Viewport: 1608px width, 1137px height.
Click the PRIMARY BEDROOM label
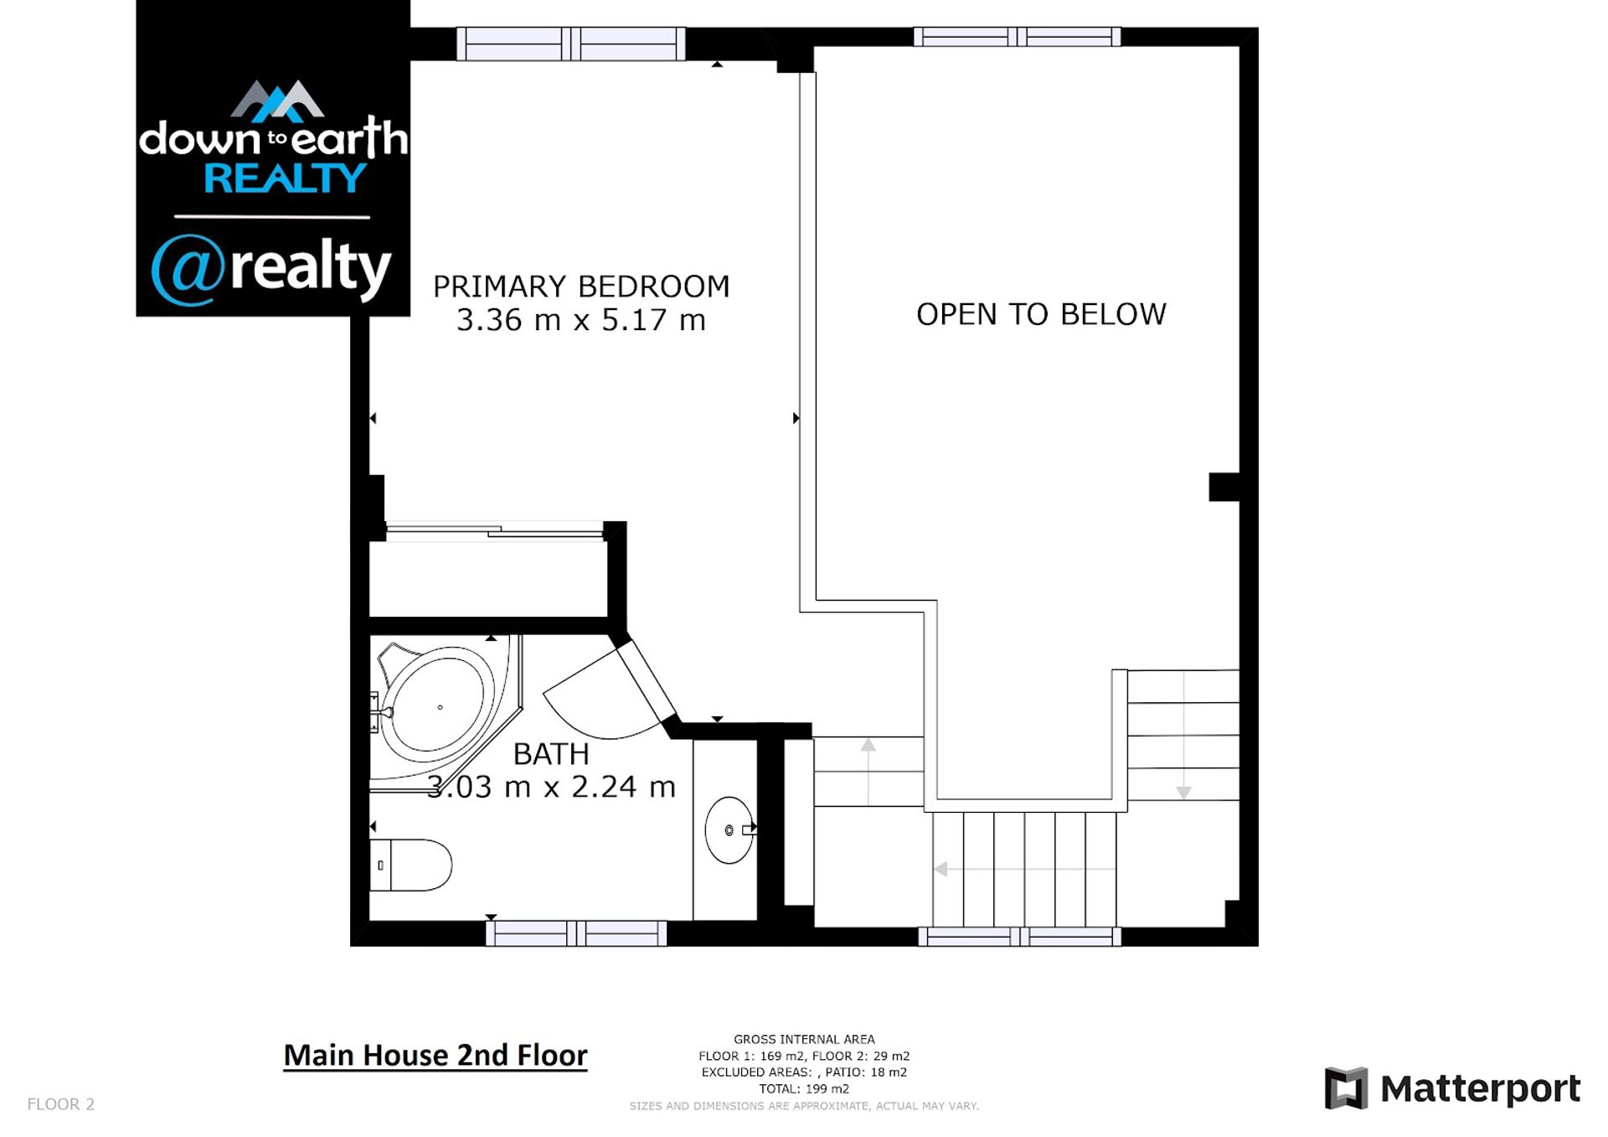pyautogui.click(x=581, y=287)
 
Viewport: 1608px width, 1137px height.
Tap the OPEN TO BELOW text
pyautogui.click(x=1041, y=314)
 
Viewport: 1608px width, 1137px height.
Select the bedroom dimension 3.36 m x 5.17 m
pyautogui.click(x=581, y=320)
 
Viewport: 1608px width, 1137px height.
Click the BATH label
pyautogui.click(x=551, y=754)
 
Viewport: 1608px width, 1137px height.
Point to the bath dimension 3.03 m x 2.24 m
pyautogui.click(x=551, y=787)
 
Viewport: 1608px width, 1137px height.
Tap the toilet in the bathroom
pyautogui.click(x=410, y=865)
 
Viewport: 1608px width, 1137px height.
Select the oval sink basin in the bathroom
pyautogui.click(x=729, y=829)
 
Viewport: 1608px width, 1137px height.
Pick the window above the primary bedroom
pyautogui.click(x=571, y=44)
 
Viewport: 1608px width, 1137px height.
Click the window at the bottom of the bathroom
pyautogui.click(x=576, y=933)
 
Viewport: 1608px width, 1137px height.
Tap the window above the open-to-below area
pyautogui.click(x=1017, y=37)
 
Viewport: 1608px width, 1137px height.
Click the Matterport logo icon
pyautogui.click(x=1346, y=1088)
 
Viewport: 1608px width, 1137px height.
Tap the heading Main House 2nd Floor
pyautogui.click(x=435, y=1055)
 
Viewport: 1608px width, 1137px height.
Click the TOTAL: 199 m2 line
pyautogui.click(x=804, y=1089)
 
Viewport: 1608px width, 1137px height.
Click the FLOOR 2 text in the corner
pyautogui.click(x=61, y=1104)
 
